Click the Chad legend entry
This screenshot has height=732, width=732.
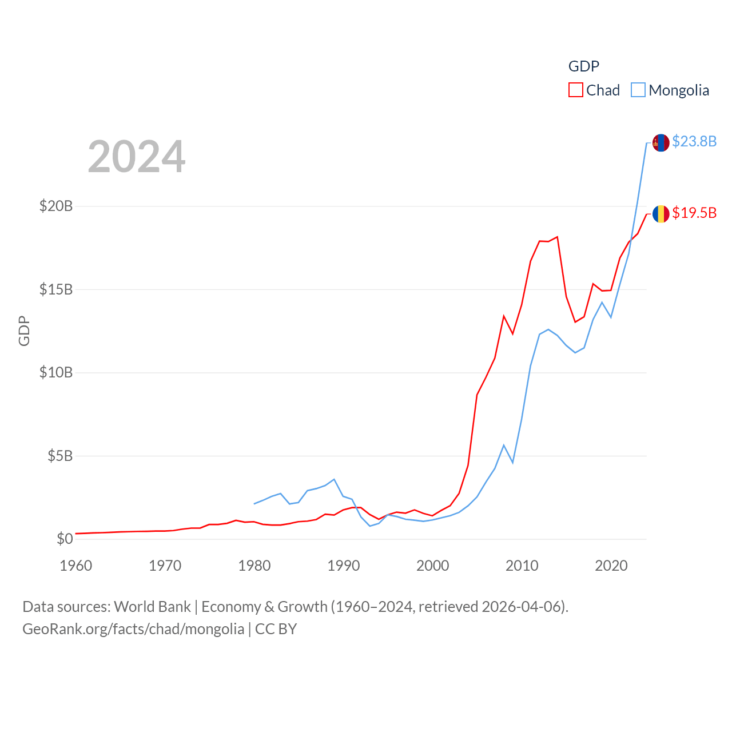click(x=595, y=90)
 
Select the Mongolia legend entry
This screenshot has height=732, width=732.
click(x=670, y=90)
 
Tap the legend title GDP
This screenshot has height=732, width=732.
click(x=583, y=66)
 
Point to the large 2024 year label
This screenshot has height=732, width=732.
click(x=136, y=157)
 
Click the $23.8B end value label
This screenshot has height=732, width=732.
click(x=694, y=141)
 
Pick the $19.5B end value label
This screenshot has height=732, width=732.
click(x=694, y=213)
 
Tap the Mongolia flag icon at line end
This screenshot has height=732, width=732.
click(x=661, y=143)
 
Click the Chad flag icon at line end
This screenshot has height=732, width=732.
click(x=661, y=214)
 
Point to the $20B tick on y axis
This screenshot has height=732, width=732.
click(x=56, y=206)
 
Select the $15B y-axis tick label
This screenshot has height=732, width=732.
click(x=56, y=289)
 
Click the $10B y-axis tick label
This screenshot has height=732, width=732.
click(x=56, y=373)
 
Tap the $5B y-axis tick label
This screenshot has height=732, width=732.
click(x=60, y=456)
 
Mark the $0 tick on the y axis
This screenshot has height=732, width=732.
click(x=65, y=539)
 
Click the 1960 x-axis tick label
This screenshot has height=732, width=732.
click(x=76, y=566)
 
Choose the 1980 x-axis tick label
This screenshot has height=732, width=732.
click(x=254, y=566)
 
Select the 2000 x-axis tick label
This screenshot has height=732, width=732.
click(x=433, y=566)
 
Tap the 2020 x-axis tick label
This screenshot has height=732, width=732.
click(x=611, y=566)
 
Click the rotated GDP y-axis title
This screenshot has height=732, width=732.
click(x=24, y=331)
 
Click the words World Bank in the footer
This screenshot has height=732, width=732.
click(x=152, y=607)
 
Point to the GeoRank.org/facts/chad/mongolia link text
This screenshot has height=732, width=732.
click(x=133, y=629)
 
